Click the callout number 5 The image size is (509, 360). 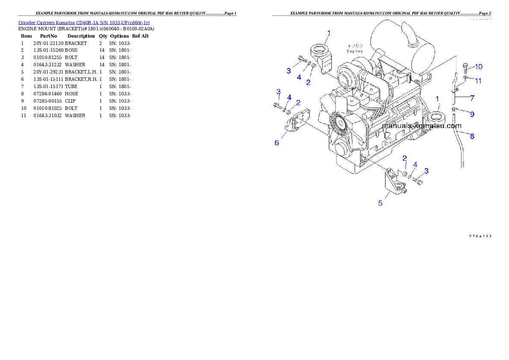[380, 203]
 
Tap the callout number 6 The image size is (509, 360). [277, 143]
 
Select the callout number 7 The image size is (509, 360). [472, 98]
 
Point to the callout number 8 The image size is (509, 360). [472, 136]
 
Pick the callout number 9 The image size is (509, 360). [472, 114]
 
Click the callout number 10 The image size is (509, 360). [478, 66]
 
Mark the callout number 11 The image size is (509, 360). [478, 80]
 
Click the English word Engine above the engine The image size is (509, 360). [355, 51]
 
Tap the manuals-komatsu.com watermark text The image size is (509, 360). [422, 126]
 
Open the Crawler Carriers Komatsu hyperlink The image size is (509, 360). [84, 22]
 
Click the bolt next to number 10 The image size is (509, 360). [465, 67]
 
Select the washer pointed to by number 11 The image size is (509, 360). [466, 78]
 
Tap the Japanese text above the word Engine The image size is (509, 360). [355, 45]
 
